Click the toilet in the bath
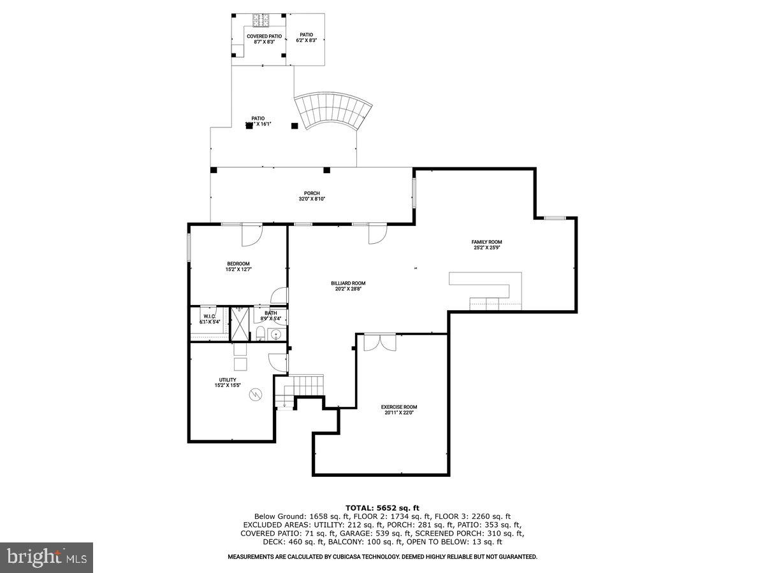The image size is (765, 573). click(x=261, y=332)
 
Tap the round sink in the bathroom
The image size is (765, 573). click(x=277, y=334)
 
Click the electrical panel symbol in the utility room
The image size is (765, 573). click(x=256, y=395)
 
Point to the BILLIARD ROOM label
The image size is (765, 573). click(x=348, y=283)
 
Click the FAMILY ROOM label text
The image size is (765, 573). click(x=486, y=242)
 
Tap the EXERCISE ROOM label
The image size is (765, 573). click(x=399, y=407)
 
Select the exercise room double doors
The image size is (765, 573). click(x=379, y=342)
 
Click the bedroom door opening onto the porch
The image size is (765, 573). click(x=252, y=234)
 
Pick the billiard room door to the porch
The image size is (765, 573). click(x=377, y=234)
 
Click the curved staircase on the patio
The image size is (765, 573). click(x=335, y=111)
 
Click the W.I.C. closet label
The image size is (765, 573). click(x=209, y=316)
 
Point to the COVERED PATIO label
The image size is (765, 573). click(x=264, y=36)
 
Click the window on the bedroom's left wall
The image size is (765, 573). click(x=189, y=247)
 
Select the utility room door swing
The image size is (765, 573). click(x=277, y=362)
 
